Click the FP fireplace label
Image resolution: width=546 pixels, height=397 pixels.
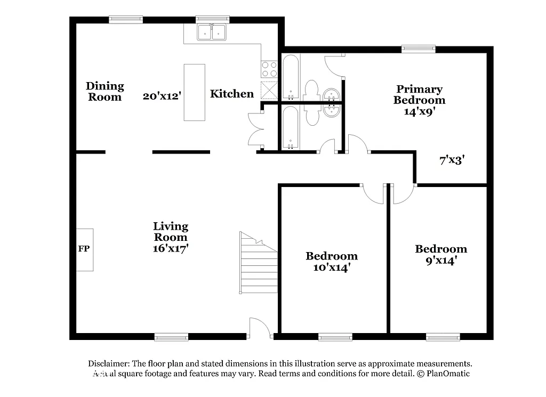(x=84, y=249)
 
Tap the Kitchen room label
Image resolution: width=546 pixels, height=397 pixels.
(x=231, y=94)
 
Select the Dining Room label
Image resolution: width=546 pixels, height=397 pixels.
(x=105, y=91)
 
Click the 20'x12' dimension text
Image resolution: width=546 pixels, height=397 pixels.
(x=163, y=96)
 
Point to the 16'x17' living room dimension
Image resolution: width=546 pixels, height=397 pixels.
(x=171, y=248)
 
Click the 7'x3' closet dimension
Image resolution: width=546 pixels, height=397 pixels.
(x=453, y=160)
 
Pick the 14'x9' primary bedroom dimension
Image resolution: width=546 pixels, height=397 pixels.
(x=419, y=111)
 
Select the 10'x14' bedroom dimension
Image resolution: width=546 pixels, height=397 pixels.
(x=331, y=268)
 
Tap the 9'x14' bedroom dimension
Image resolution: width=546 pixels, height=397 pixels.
(x=441, y=261)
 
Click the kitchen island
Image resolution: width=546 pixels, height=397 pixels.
(x=194, y=92)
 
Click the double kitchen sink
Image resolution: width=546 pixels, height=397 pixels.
(x=212, y=33)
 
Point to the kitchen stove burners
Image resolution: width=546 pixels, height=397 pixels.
(x=269, y=69)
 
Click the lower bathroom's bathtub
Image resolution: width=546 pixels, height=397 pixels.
(x=291, y=128)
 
